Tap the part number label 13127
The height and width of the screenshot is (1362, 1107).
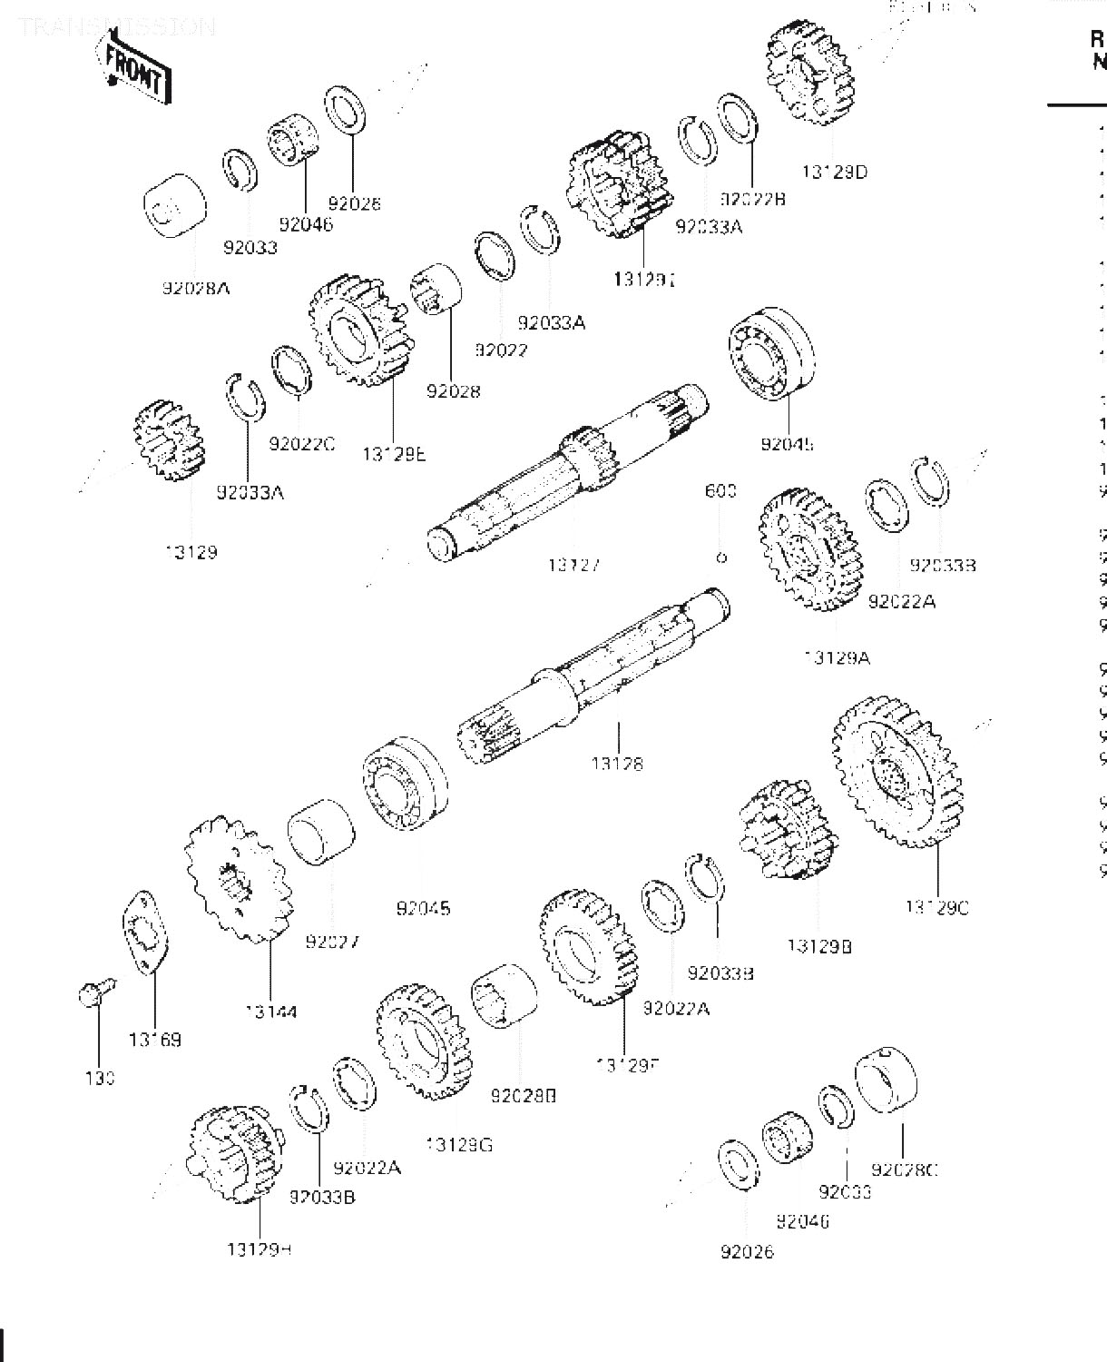[x=573, y=565]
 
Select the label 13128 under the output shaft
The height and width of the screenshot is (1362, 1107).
[x=617, y=764]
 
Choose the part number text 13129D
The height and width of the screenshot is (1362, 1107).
[x=834, y=171]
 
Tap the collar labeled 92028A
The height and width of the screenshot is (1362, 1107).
[x=175, y=208]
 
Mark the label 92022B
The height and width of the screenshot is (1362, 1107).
[x=752, y=198]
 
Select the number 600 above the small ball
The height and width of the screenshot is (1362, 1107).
[x=720, y=491]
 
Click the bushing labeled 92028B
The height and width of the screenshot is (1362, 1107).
[x=505, y=996]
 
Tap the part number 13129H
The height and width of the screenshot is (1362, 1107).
[x=259, y=1249]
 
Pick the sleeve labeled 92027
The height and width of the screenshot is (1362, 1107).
[x=321, y=834]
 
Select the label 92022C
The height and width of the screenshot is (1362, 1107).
[x=301, y=443]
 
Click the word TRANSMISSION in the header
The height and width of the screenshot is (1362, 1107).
[x=116, y=25]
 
